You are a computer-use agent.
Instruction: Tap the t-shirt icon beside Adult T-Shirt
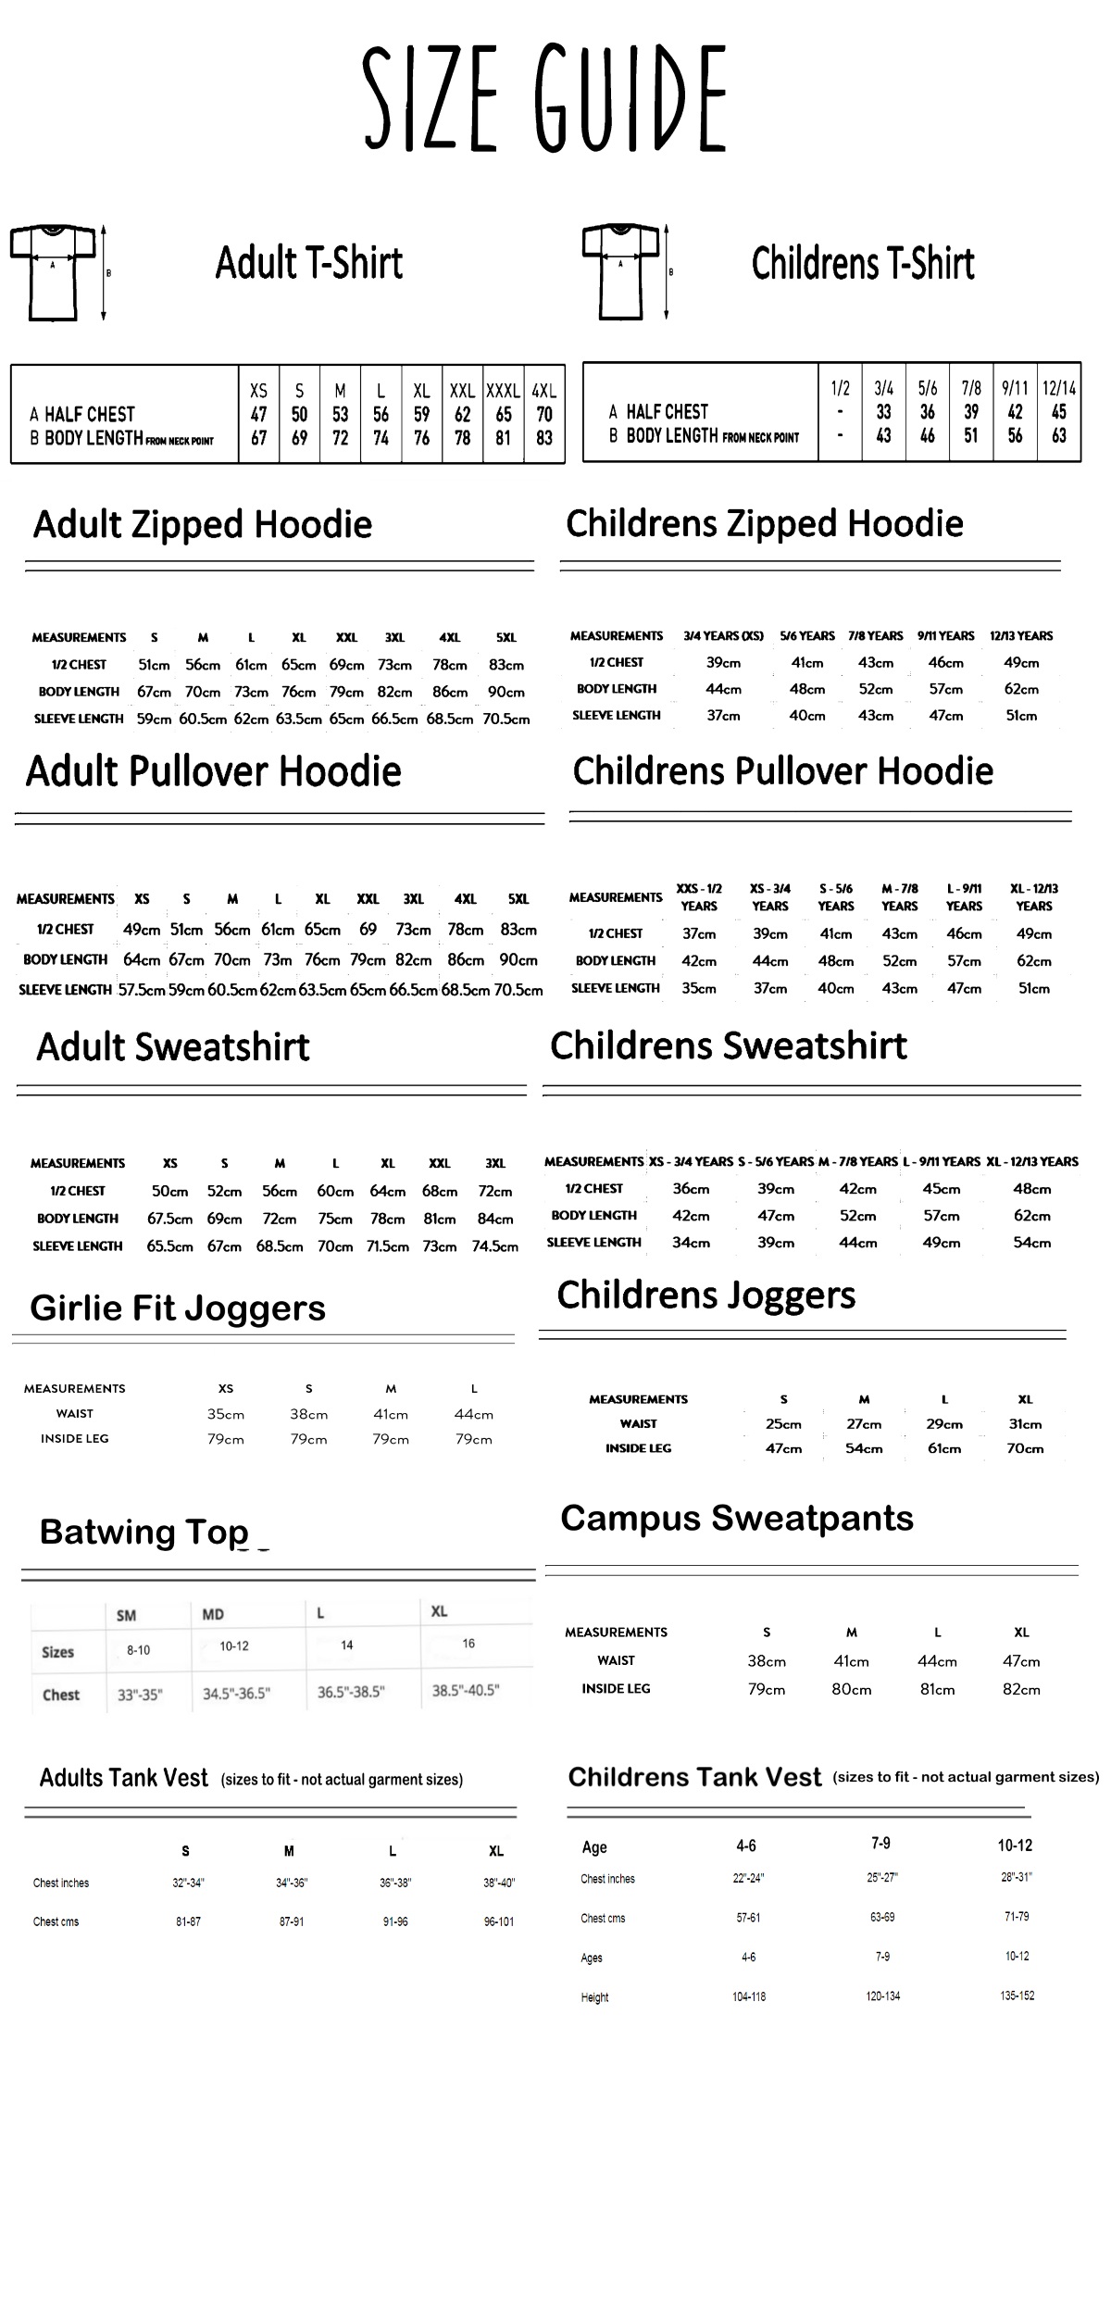click(x=52, y=272)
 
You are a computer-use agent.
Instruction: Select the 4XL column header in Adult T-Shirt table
click(x=544, y=392)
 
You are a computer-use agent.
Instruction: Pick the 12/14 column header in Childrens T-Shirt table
click(x=1058, y=388)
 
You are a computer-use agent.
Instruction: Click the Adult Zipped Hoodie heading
click(x=203, y=525)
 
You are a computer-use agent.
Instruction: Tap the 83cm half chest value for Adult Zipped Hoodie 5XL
click(x=506, y=665)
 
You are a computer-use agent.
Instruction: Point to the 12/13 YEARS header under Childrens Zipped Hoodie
click(x=1021, y=636)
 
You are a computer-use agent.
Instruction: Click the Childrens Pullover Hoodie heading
click(x=782, y=771)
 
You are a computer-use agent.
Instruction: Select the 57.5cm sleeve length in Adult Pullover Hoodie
click(x=142, y=990)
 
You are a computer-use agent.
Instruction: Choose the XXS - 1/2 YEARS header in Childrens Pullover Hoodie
click(x=699, y=897)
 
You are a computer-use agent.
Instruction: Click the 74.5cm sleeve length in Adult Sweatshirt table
click(x=495, y=1246)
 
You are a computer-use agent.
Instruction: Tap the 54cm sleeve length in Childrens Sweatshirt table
click(x=1031, y=1243)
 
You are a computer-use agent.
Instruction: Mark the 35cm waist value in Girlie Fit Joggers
click(x=226, y=1414)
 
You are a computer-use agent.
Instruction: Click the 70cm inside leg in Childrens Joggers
click(x=1025, y=1448)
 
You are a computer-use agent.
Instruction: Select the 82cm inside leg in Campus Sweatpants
click(x=1021, y=1689)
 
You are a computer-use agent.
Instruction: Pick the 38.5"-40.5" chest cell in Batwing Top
click(x=466, y=1690)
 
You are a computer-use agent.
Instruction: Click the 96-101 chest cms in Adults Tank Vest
click(x=499, y=1921)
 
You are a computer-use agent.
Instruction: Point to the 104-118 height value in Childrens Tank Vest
click(x=749, y=1996)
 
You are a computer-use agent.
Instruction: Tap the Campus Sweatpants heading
click(x=737, y=1519)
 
